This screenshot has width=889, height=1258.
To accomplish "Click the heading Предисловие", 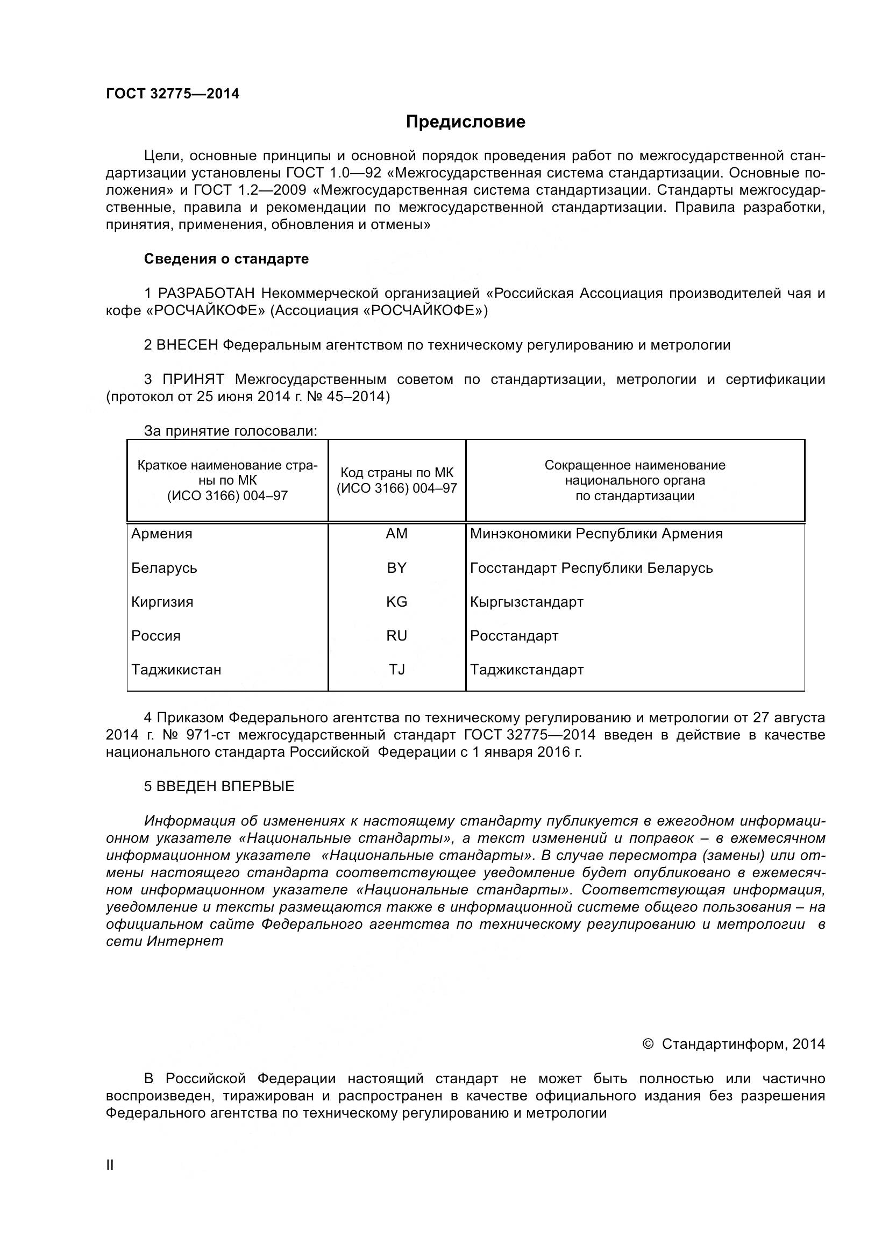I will point(465,122).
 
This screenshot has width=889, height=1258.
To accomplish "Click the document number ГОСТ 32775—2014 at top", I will point(173,94).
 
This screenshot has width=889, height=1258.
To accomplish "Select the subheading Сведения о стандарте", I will point(226,259).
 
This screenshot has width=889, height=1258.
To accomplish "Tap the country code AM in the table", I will point(396,534).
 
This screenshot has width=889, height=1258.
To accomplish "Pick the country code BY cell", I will point(396,567).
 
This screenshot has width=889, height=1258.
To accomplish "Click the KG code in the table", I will point(396,602).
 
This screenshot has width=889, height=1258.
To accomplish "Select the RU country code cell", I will point(396,636).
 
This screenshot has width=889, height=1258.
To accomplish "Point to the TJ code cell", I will point(396,670).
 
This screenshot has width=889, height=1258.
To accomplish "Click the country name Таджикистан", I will point(176,670).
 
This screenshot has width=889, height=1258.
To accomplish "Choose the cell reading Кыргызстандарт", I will point(527,602).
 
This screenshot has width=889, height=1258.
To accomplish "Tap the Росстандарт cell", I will point(514,636).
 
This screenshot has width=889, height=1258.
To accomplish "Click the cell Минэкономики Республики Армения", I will point(596,534).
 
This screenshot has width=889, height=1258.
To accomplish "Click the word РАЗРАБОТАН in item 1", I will point(207,294).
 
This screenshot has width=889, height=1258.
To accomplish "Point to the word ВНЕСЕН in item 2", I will point(187,345).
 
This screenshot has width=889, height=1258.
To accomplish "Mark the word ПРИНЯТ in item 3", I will point(194,380).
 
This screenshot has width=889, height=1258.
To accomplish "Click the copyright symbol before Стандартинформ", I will point(648,1044).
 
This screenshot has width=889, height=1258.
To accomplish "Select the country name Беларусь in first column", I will point(164,567).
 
